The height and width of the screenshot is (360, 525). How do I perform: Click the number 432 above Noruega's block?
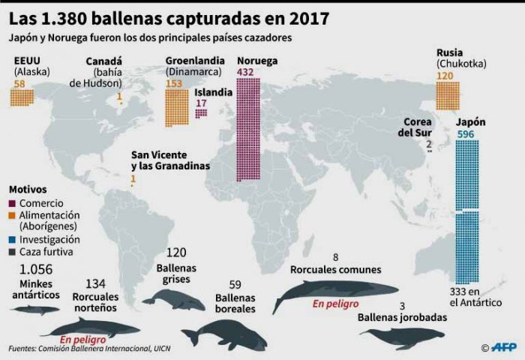point(246,72)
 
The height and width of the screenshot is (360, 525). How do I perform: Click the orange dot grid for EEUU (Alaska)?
point(22,97)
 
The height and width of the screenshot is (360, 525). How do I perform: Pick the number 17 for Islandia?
point(201,103)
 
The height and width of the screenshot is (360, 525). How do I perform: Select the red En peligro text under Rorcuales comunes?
point(335,304)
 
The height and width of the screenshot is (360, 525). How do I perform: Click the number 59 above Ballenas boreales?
point(235,285)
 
